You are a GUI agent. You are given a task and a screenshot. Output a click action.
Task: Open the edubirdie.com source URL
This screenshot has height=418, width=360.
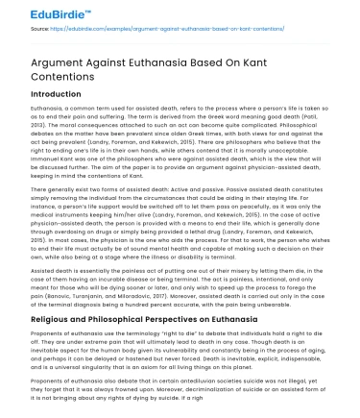coord(163,31)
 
